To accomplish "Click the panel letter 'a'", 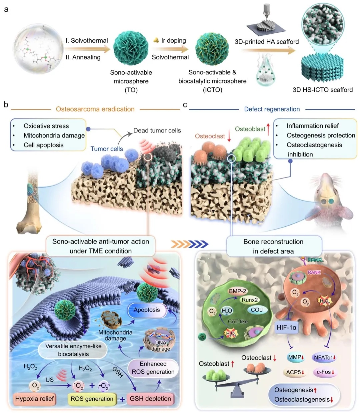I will click(x=6, y=9).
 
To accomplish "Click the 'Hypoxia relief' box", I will click(x=34, y=399).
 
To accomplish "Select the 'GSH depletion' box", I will click(x=150, y=399).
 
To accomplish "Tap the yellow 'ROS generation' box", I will click(x=92, y=399).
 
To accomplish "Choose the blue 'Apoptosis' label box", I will click(x=147, y=310).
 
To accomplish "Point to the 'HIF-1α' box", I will click(x=286, y=328).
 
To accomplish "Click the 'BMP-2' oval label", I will click(x=237, y=291).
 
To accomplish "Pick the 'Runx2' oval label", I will click(x=250, y=300).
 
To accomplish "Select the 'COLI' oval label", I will click(x=257, y=310).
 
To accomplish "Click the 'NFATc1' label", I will click(x=325, y=358).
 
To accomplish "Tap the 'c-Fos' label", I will click(x=325, y=372).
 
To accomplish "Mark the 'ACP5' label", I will click(x=295, y=372).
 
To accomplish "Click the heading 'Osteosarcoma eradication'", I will click(x=95, y=109).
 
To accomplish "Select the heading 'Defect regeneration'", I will click(x=272, y=109).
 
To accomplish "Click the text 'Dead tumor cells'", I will click(x=157, y=130).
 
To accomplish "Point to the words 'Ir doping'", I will click(x=173, y=40).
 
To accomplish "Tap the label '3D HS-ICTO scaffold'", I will click(x=322, y=90).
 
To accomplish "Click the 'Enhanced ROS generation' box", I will click(x=153, y=368).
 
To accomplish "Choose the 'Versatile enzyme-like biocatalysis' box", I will click(x=73, y=350).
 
